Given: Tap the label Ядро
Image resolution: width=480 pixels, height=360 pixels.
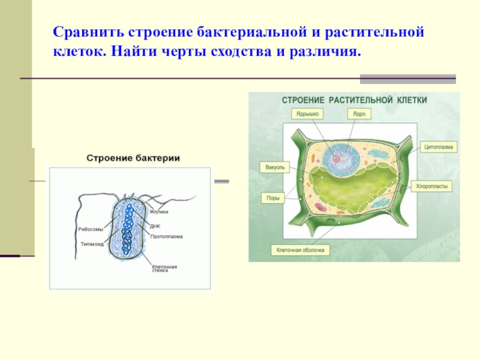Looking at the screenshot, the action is pos(359,113).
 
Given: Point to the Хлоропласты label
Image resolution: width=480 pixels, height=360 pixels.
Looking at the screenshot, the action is pos(432,187).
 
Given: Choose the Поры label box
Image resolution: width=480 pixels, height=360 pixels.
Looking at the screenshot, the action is pos(273,198).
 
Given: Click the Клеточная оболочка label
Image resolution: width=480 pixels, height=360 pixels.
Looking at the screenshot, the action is pos(300,250).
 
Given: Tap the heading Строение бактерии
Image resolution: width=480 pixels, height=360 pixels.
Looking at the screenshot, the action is pos(134,158).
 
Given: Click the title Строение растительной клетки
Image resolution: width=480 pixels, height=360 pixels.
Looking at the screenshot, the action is pos(355,100).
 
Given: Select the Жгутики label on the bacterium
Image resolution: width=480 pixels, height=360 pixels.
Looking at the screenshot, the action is pos(159,212).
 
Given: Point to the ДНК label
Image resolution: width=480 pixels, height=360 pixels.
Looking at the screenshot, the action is pos(155,227).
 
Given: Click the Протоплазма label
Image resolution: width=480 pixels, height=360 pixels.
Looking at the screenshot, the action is pos(166,236).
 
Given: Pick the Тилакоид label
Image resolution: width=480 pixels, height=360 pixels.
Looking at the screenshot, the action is pos(92,244).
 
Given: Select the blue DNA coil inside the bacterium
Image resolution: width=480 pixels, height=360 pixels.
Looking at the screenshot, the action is pos(127,231).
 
